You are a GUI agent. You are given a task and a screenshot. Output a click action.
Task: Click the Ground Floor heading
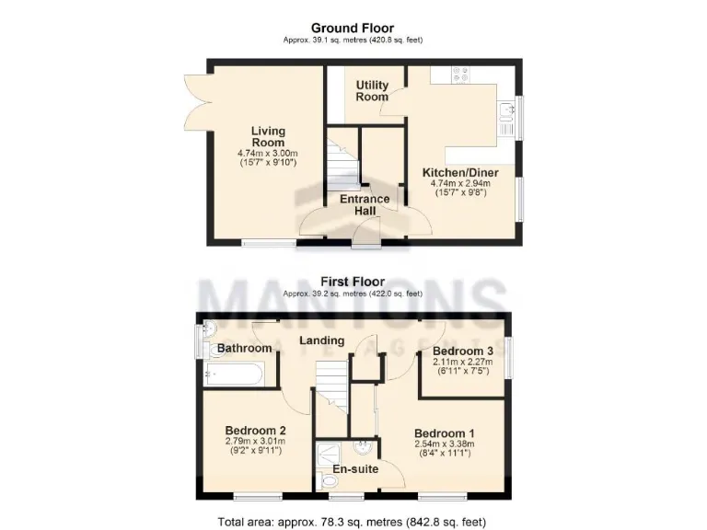coord(353,29)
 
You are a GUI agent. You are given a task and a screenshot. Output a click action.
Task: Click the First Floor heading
coord(353,282)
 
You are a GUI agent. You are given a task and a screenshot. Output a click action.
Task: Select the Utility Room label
coord(373,91)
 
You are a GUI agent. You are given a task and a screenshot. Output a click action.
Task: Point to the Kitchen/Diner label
coord(460,172)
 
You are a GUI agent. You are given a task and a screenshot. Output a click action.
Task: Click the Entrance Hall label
coord(365,204)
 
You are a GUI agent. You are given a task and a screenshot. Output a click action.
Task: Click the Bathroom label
coord(245,348)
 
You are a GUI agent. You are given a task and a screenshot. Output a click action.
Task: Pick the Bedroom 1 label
coord(445,433)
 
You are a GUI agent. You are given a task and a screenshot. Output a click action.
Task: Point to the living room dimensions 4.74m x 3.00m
coord(269,154)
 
